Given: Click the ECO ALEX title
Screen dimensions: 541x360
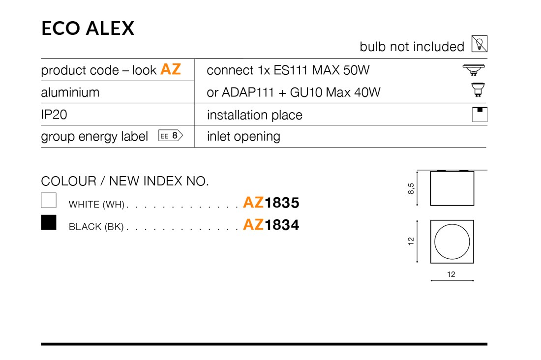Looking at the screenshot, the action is click(x=88, y=29).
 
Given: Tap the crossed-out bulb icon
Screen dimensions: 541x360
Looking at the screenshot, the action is click(x=480, y=44).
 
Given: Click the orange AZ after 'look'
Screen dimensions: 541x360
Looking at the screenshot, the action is click(x=171, y=69).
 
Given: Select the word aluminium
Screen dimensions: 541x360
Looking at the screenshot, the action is click(x=70, y=92).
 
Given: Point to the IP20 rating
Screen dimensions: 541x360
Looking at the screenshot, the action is click(x=54, y=115).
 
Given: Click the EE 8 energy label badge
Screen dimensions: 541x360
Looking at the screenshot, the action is click(x=171, y=136).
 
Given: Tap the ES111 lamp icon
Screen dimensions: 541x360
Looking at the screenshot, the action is click(x=474, y=70).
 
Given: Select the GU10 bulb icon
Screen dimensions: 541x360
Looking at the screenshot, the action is click(x=478, y=90).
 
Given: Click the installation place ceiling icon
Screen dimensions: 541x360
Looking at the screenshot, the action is click(x=480, y=114).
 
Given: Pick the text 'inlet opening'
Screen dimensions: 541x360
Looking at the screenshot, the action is click(x=243, y=137).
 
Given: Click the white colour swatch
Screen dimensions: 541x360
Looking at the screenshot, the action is click(x=49, y=200).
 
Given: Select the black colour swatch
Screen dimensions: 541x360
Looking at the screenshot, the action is click(x=49, y=222).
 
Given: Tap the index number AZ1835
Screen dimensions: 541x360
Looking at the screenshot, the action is click(x=271, y=203).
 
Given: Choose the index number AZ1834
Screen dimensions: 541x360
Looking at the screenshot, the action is click(x=271, y=225).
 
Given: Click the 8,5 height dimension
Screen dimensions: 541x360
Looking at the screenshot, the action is click(x=411, y=188).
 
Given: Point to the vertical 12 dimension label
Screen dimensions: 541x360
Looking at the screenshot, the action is click(x=411, y=241).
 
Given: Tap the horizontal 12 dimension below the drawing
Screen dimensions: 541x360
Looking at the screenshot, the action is click(x=451, y=274).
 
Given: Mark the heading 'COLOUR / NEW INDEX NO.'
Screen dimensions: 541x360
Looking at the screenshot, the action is click(x=125, y=181).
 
